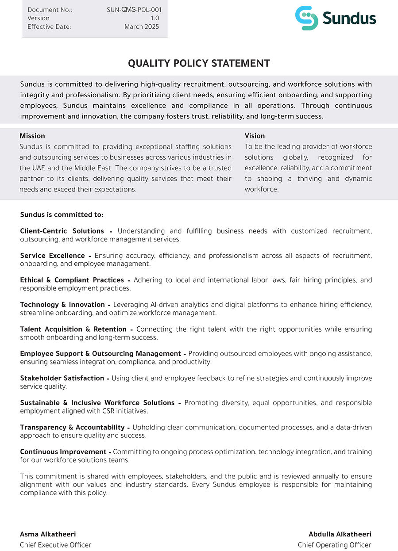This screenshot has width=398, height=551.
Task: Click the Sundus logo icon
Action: (x=307, y=18)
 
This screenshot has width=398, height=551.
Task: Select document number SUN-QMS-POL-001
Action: (x=134, y=10)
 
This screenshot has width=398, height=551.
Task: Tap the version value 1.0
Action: (x=155, y=18)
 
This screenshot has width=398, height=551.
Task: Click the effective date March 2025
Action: (x=142, y=27)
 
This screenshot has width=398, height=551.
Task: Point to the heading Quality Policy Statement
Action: (x=199, y=63)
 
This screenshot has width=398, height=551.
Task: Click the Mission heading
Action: (x=32, y=136)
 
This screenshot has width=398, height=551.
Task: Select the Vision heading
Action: (x=255, y=136)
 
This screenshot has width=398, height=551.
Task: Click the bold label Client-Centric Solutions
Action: (x=62, y=231)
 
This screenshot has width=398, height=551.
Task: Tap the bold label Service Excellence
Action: (x=52, y=256)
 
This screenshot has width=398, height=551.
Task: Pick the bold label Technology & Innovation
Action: (x=62, y=305)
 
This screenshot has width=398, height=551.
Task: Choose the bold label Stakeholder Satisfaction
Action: (x=62, y=378)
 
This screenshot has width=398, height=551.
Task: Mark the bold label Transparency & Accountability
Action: (x=72, y=427)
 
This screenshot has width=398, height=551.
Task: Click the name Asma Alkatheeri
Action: (x=48, y=534)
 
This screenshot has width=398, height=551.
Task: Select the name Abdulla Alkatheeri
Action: (x=340, y=534)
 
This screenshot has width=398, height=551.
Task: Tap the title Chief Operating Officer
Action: (x=334, y=545)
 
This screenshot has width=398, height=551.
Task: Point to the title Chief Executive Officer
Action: (x=55, y=545)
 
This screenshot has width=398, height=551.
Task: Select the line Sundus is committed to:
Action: (x=62, y=214)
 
